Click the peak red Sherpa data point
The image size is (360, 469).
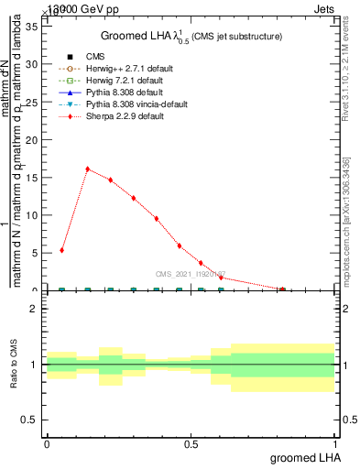coord(87,169)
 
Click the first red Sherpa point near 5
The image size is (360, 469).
coord(61,250)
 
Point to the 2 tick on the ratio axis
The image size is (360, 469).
coord(33,309)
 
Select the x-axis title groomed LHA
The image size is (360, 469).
coord(308,457)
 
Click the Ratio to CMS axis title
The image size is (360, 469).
coord(14,364)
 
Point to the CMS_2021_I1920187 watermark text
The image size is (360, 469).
coord(191,273)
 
